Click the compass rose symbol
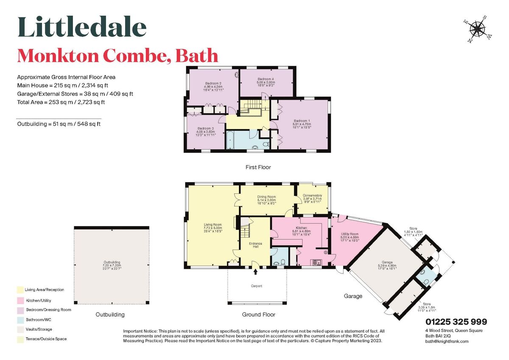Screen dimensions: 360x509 point(477,29)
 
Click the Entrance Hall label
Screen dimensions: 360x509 point(255,245)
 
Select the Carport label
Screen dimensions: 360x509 point(256,286)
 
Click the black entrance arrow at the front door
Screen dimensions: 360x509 point(256,265)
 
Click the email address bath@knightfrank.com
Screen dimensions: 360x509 point(447,341)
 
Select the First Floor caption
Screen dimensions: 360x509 point(258,167)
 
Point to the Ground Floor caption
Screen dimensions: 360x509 point(258,315)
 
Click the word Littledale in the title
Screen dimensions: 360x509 point(82,28)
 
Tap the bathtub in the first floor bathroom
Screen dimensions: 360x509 point(230,140)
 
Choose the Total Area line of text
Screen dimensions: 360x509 point(61,102)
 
